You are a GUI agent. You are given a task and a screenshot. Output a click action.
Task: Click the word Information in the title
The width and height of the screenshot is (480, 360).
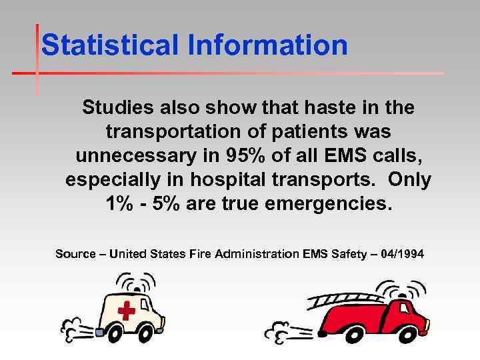267,45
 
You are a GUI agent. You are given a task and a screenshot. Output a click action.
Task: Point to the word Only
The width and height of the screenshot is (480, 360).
410,180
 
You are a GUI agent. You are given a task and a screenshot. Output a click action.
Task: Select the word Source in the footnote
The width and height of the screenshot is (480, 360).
75,253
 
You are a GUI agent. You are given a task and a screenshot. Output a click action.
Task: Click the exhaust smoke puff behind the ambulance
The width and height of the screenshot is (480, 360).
75,326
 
